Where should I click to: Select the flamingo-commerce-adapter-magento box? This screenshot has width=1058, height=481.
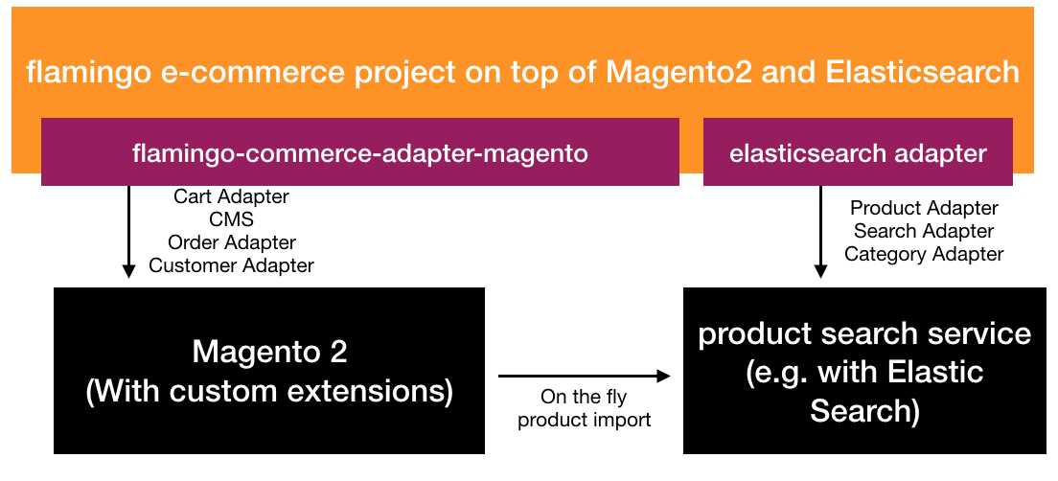pyautogui.click(x=359, y=151)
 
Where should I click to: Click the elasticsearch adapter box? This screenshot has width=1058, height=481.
pyautogui.click(x=858, y=151)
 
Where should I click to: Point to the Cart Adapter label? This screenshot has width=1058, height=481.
pyautogui.click(x=232, y=197)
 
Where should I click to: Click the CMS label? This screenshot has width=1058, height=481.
pyautogui.click(x=232, y=219)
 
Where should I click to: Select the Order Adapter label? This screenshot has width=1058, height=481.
pyautogui.click(x=232, y=242)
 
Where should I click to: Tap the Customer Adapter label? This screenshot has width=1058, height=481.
pyautogui.click(x=232, y=265)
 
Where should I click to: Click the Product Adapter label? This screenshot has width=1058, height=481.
pyautogui.click(x=924, y=208)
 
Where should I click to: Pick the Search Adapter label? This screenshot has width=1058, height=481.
pyautogui.click(x=924, y=231)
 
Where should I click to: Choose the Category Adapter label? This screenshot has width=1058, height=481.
pyautogui.click(x=924, y=254)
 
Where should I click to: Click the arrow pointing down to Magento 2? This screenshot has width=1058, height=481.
pyautogui.click(x=128, y=232)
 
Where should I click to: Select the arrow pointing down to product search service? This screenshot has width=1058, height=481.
pyautogui.click(x=820, y=232)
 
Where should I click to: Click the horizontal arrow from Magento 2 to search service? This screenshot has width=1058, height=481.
pyautogui.click(x=585, y=376)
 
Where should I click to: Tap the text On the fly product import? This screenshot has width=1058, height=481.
pyautogui.click(x=585, y=409)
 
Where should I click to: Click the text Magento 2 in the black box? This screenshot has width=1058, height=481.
pyautogui.click(x=269, y=353)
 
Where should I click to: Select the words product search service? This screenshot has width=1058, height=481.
pyautogui.click(x=864, y=334)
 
